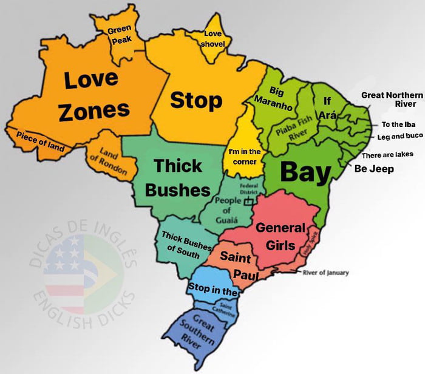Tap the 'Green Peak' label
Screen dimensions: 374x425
pos(119,35)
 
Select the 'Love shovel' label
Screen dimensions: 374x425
pos(214,39)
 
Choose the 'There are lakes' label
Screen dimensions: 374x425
pos(387,155)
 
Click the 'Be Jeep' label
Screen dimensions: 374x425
pos(374,169)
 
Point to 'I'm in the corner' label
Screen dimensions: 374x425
pos(245,157)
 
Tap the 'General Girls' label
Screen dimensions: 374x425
pos(280,237)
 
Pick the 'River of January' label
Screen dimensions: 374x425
pos(325,273)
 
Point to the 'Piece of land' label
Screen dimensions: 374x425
pos(41,140)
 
